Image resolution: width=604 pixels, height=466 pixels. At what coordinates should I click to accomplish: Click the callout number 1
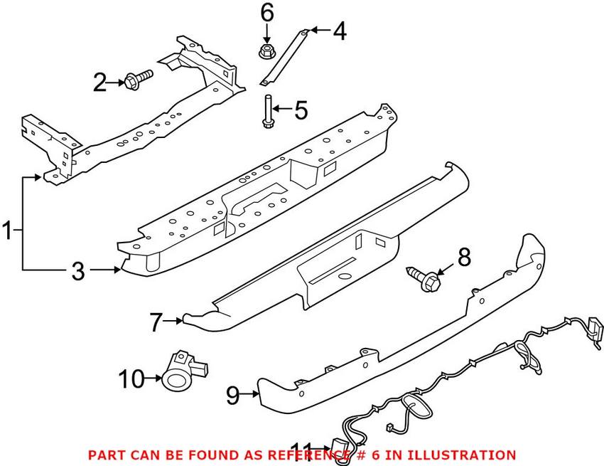tap(8, 231)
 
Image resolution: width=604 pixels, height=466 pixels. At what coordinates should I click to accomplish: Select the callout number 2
tap(100, 84)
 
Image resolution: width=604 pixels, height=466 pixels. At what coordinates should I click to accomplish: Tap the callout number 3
tap(77, 270)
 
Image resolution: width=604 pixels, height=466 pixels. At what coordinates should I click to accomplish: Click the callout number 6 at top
tap(266, 12)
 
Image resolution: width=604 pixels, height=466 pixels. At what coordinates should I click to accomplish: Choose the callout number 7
tap(156, 323)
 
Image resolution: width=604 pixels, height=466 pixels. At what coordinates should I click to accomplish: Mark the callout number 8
tap(463, 258)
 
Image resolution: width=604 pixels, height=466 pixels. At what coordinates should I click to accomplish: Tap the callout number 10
tap(131, 379)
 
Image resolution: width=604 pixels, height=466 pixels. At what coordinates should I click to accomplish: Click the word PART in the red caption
tap(102, 455)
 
